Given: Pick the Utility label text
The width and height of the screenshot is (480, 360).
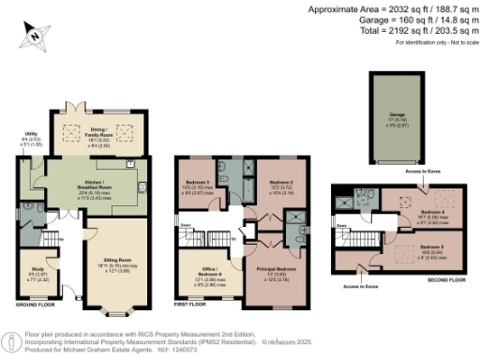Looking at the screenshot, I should click(x=29, y=134).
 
